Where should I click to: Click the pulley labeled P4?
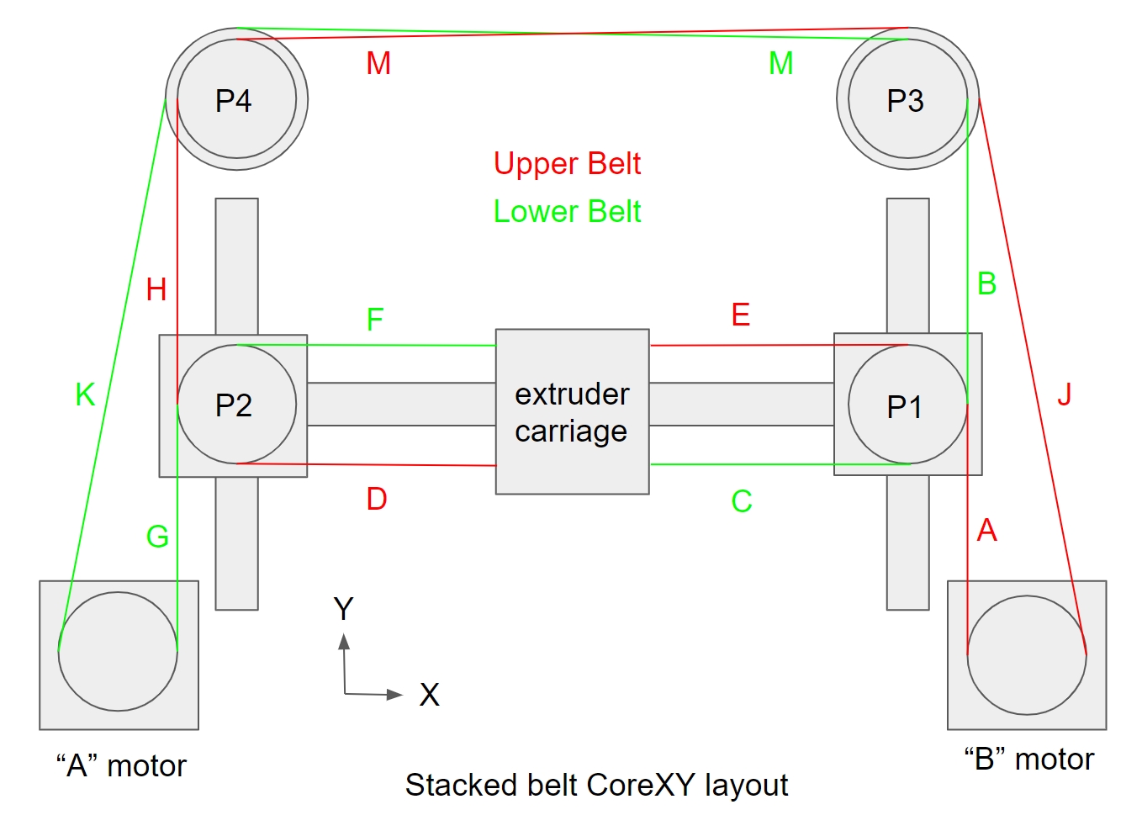tap(236, 99)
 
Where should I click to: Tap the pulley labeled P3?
tap(907, 99)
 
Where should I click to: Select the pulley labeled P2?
tap(236, 405)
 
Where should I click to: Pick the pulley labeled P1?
tap(907, 405)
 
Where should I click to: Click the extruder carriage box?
tap(572, 411)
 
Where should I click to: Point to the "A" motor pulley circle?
tap(118, 651)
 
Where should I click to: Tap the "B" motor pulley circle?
tap(1027, 655)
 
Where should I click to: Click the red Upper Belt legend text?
tap(567, 163)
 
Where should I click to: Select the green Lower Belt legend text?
tap(567, 211)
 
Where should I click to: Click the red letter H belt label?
tap(156, 289)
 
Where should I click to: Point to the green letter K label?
tap(85, 394)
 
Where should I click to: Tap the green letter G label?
tap(157, 537)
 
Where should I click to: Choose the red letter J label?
tap(1065, 394)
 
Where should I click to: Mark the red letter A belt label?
tap(986, 530)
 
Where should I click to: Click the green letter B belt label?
tap(986, 283)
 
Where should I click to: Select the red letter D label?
tap(377, 499)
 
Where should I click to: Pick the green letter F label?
tap(375, 320)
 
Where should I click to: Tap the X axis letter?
tap(429, 695)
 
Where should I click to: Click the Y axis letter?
tap(343, 608)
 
